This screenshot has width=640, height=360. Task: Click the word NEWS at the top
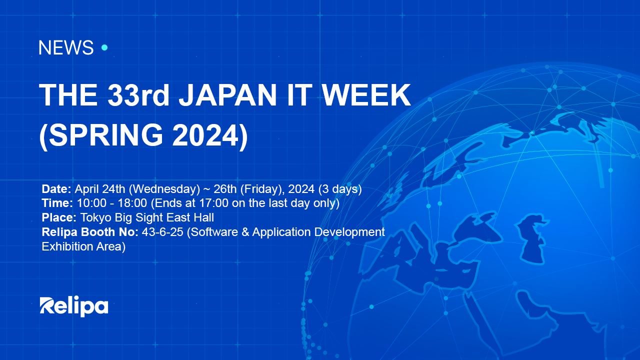pyautogui.click(x=65, y=48)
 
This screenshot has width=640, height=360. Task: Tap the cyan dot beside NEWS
pyautogui.click(x=104, y=47)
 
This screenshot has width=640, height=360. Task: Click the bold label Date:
pyautogui.click(x=56, y=189)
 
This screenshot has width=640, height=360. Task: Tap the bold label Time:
pyautogui.click(x=57, y=203)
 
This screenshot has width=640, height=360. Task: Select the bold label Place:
pyautogui.click(x=59, y=218)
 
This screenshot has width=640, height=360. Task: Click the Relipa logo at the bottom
pyautogui.click(x=73, y=306)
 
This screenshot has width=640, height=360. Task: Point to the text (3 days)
pyautogui.click(x=339, y=189)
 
